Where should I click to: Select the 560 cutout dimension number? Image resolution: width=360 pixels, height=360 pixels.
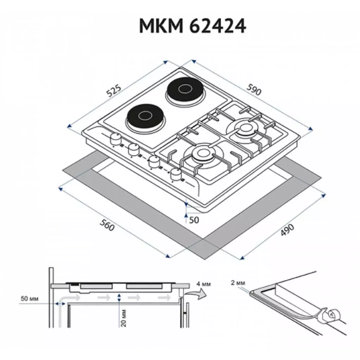[107, 225]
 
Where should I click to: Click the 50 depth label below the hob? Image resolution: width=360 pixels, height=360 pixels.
[194, 220]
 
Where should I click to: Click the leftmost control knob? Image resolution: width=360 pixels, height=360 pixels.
[115, 139]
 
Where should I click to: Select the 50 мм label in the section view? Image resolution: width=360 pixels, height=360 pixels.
[29, 299]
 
